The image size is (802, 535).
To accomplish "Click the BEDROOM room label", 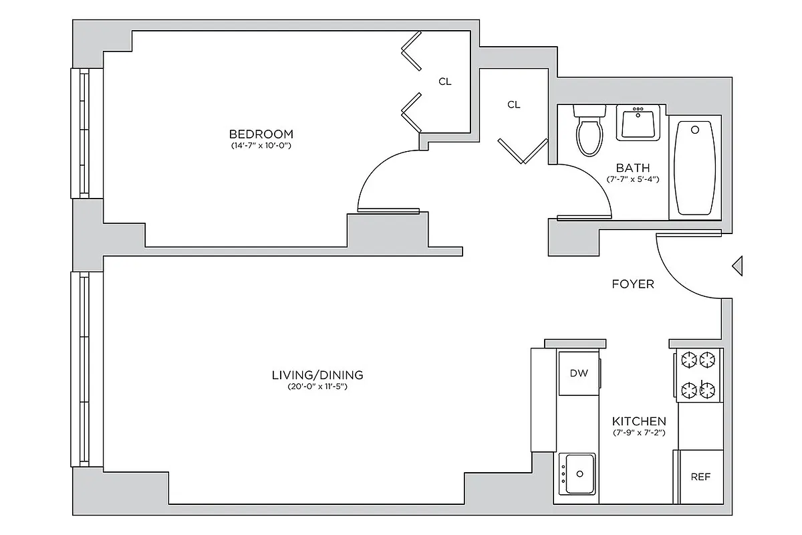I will click(x=261, y=134).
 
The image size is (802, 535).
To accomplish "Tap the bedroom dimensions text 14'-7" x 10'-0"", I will click(x=261, y=145).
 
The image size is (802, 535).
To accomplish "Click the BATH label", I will click(x=632, y=168).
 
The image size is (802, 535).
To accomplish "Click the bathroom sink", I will click(x=638, y=123).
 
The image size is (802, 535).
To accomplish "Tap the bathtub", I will click(x=695, y=169).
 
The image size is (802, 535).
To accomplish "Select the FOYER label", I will click(x=633, y=284).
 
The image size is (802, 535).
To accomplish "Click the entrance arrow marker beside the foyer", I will click(x=738, y=265).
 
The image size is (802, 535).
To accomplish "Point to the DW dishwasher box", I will click(x=579, y=373).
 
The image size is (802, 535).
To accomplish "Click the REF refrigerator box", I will click(x=700, y=477).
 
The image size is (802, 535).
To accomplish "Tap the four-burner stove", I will click(x=699, y=375).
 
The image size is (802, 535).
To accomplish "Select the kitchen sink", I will click(x=577, y=473).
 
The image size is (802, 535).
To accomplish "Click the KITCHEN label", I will click(x=639, y=421).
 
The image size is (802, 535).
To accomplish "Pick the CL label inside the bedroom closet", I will click(x=445, y=82).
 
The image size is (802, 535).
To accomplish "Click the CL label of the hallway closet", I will click(x=513, y=104).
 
